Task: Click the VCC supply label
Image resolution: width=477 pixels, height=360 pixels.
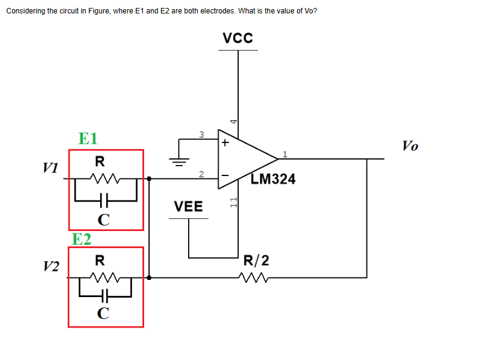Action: tap(238, 38)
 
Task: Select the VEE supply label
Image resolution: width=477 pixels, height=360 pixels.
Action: tap(188, 207)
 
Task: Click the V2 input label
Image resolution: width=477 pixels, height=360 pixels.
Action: tap(51, 266)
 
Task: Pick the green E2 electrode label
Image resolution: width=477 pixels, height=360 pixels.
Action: tap(81, 238)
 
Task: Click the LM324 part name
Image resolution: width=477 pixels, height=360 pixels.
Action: tap(273, 179)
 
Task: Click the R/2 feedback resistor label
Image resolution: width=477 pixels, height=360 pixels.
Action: tap(255, 261)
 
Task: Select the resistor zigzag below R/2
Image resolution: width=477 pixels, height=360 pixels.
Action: tap(255, 278)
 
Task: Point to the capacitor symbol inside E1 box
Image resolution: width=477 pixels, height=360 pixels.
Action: tap(104, 199)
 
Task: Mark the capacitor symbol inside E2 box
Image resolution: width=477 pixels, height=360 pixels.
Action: tap(104, 296)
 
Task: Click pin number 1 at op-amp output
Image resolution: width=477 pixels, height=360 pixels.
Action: tap(285, 153)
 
